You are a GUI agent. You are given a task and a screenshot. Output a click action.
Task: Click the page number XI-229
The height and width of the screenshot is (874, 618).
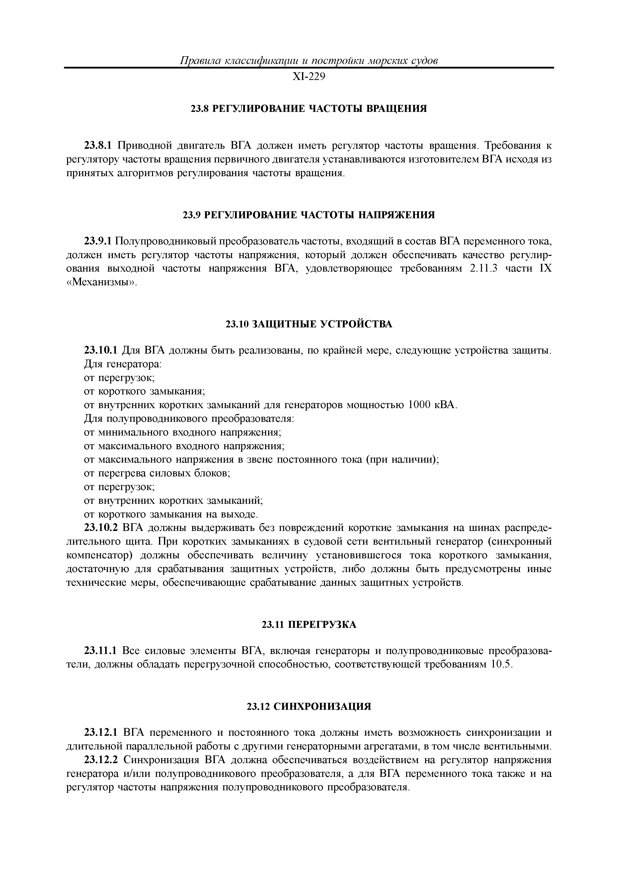click(309, 77)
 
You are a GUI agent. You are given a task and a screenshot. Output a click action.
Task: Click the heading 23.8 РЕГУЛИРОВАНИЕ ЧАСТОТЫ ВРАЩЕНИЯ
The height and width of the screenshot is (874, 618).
click(309, 109)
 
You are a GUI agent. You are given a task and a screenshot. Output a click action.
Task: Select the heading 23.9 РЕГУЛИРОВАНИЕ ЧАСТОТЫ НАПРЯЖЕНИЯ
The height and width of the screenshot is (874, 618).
click(309, 216)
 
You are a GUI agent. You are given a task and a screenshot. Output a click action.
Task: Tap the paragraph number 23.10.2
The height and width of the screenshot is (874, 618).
click(101, 528)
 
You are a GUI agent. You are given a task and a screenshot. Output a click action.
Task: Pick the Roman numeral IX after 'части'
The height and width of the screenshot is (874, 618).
click(545, 269)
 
